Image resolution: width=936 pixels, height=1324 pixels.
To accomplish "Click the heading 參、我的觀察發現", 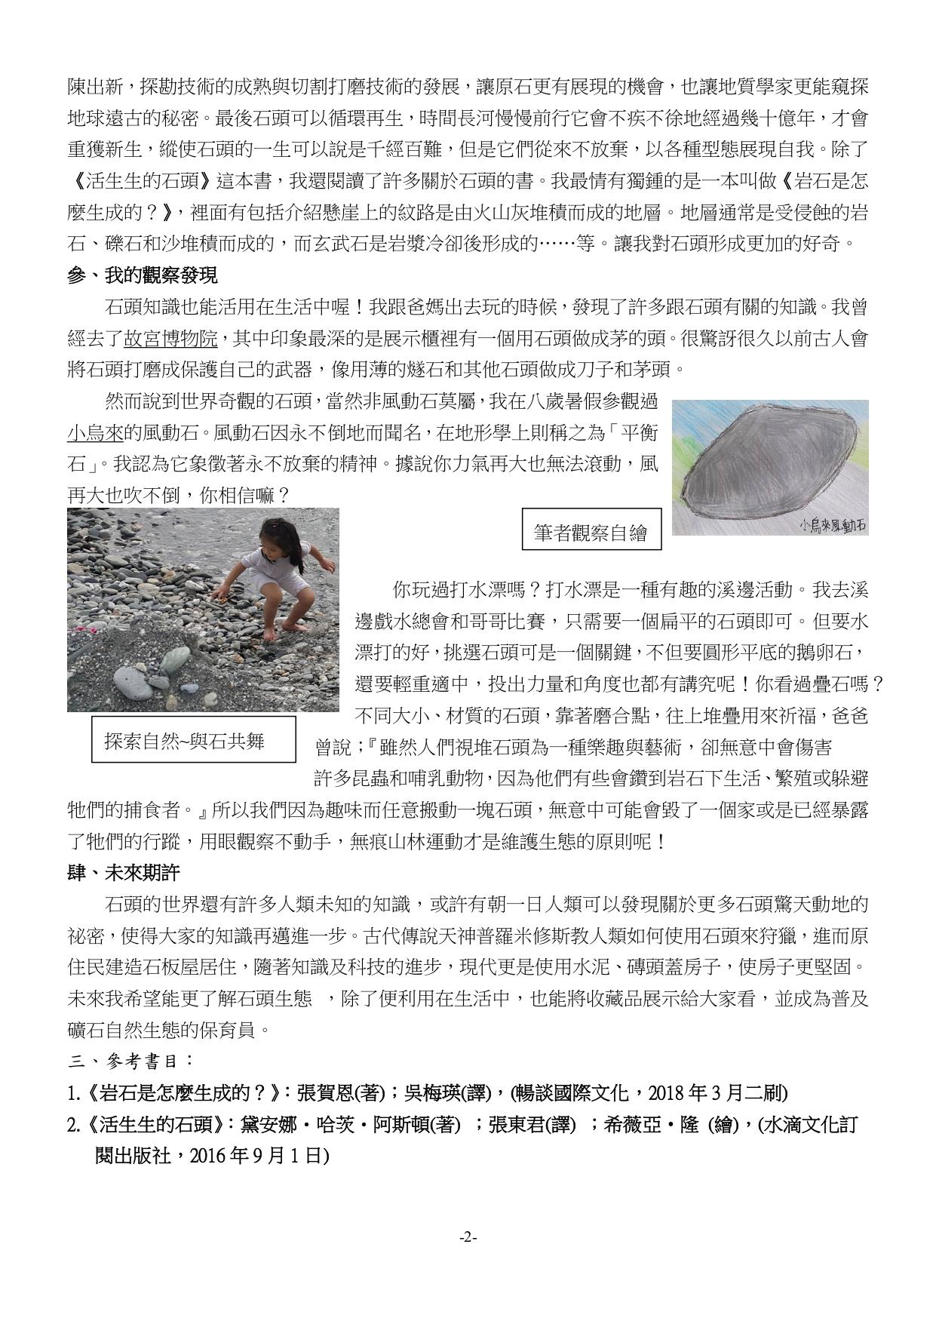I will pos(143,275).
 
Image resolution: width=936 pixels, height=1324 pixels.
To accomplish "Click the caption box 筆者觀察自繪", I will pos(591,533).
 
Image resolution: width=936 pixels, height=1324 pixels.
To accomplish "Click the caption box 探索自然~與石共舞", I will pos(184,741).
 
